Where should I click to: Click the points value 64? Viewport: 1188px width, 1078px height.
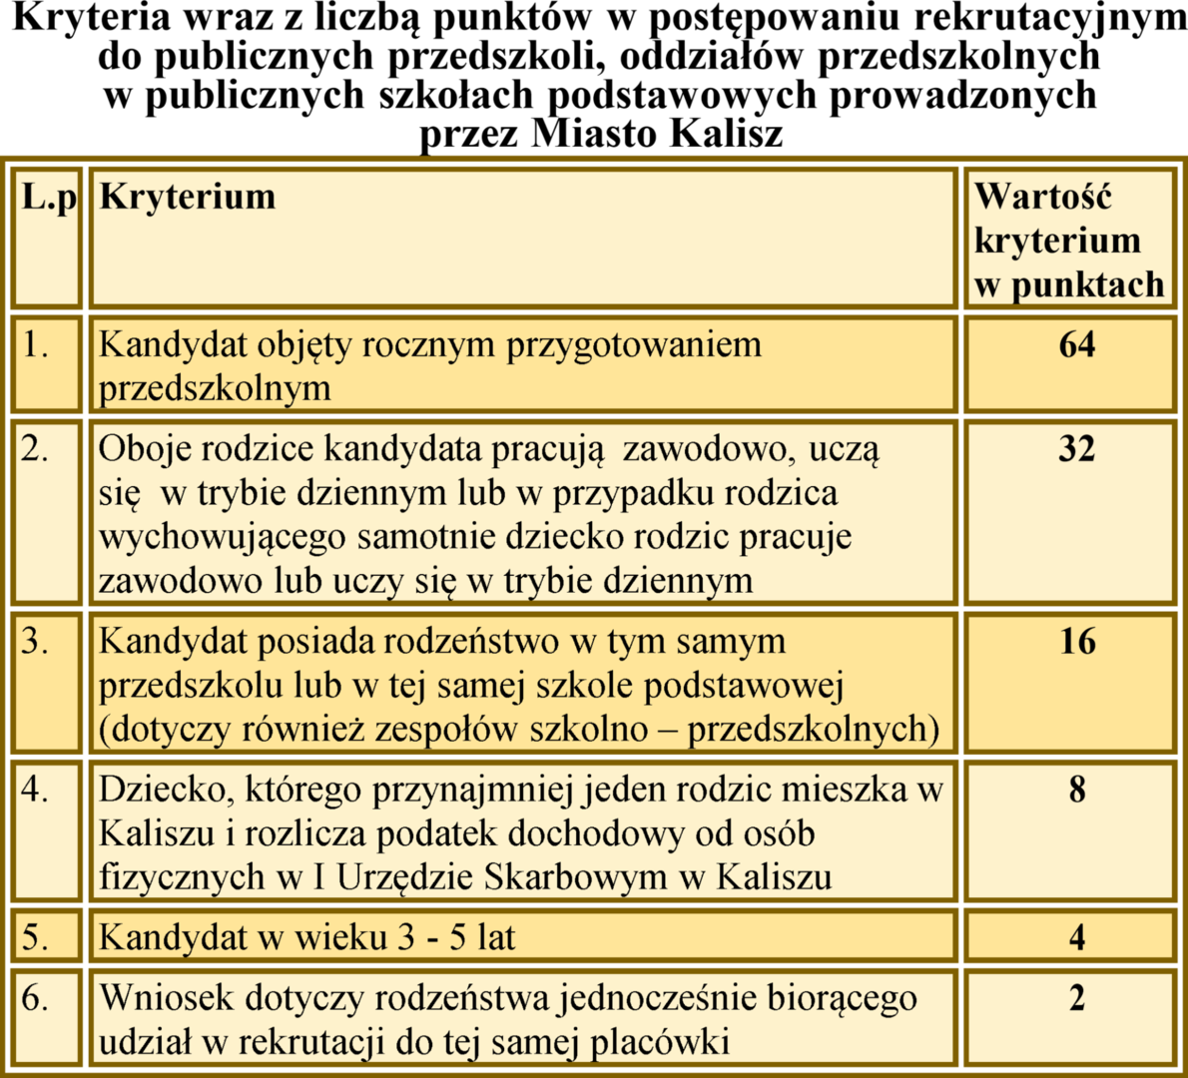(1076, 345)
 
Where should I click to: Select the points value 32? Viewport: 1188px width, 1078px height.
(1076, 449)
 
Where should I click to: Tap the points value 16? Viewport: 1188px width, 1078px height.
(1076, 641)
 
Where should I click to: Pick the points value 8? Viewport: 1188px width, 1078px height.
(1076, 790)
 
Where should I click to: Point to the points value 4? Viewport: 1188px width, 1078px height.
(1076, 937)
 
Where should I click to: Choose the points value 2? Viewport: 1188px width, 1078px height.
(1076, 997)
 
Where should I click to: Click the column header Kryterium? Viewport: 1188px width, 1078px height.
(188, 197)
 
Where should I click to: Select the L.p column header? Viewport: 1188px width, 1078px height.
(49, 197)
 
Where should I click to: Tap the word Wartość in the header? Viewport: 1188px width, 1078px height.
(1042, 197)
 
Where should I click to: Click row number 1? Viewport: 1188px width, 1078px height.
(36, 345)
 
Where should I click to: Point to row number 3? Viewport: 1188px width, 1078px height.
(36, 641)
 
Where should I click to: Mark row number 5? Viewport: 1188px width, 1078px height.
(36, 937)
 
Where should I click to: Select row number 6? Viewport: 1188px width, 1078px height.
(36, 997)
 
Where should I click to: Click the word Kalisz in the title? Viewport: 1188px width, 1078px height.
(726, 133)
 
